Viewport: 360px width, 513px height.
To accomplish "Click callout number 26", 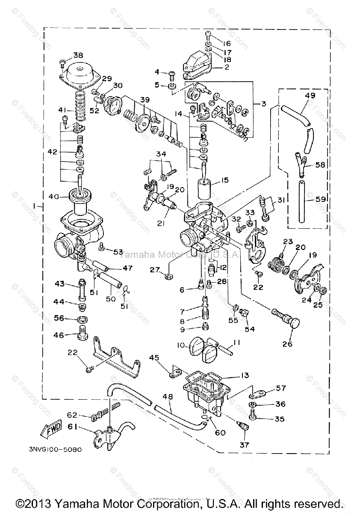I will (287, 343).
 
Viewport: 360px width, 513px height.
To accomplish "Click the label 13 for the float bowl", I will (244, 376).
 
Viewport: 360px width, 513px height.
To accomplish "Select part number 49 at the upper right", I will (310, 96).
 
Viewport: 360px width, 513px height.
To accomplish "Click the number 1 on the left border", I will (34, 206).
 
